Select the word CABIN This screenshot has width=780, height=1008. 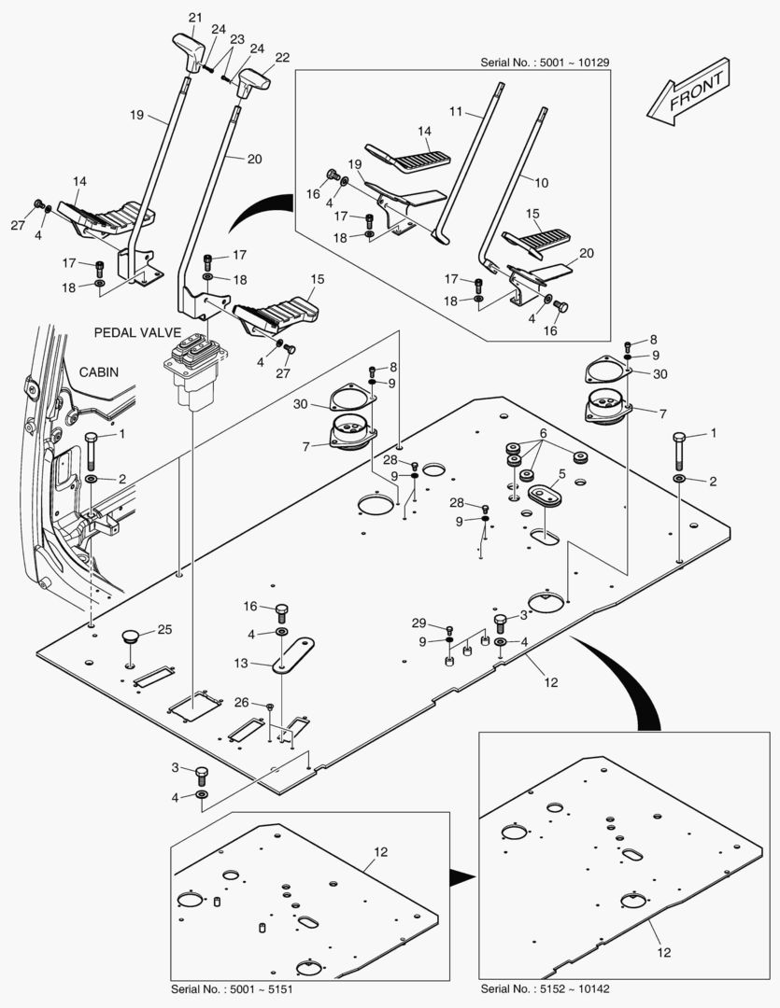98,371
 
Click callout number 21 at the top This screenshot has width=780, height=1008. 194,18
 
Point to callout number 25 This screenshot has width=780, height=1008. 164,630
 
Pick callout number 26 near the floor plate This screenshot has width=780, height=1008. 242,702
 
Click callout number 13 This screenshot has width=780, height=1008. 241,663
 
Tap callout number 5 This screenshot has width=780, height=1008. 561,474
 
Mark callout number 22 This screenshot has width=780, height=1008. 282,57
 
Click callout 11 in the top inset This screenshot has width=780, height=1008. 456,111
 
